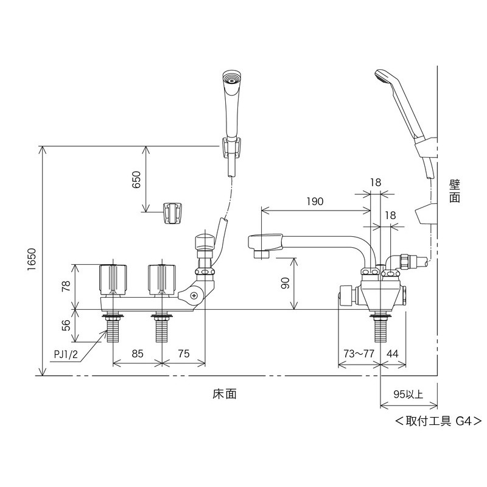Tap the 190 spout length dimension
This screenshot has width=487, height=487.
pos(315,201)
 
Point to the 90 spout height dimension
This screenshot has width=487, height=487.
pos(286,283)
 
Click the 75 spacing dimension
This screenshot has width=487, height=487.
pos(183,352)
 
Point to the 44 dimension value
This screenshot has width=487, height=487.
pos(392,352)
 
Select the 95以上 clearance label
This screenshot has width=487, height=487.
pos(408,394)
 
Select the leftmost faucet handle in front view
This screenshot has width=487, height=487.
pos(113,278)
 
